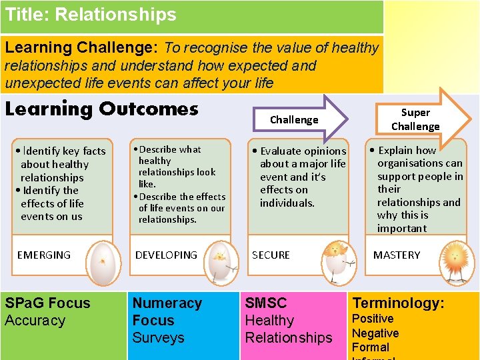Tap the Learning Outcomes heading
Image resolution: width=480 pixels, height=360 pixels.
pos(101,109)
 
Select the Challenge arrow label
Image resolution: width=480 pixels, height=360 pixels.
pos(294,120)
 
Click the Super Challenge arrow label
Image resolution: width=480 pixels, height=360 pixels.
pos(415,119)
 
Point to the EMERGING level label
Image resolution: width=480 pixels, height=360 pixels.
pos(43,255)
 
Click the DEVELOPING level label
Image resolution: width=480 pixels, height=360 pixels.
pos(166,255)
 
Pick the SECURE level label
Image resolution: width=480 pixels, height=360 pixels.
pos(271,255)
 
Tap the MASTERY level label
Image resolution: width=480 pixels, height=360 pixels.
pos(397,255)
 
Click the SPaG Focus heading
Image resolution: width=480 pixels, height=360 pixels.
pos(47,303)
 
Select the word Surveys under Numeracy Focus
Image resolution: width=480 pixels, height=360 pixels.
pos(158,337)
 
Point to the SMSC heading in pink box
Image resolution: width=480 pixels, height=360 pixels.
pos(266,303)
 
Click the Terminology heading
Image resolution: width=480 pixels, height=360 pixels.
pos(398,303)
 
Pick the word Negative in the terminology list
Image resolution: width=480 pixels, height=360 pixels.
pos(375,333)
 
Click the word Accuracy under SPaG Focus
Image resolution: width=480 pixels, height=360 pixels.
pos(35,321)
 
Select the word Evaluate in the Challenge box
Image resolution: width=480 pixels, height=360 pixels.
pos(283,151)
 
